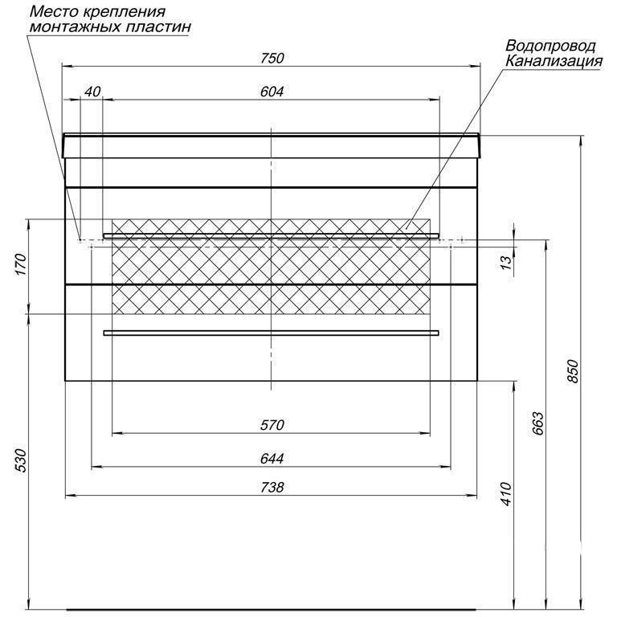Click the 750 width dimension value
click(272, 58)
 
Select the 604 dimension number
click(272, 92)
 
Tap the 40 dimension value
click(93, 92)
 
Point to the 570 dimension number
click(272, 425)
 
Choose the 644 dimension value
click(272, 459)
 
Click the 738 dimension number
click(272, 488)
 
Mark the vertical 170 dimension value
click(20, 264)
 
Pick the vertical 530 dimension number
click(20, 460)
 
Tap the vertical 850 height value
click(573, 371)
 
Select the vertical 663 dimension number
click(538, 423)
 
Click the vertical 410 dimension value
click(506, 494)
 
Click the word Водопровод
click(550, 46)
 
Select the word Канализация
click(554, 61)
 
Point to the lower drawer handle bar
click(271, 333)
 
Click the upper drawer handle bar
click(271, 235)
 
